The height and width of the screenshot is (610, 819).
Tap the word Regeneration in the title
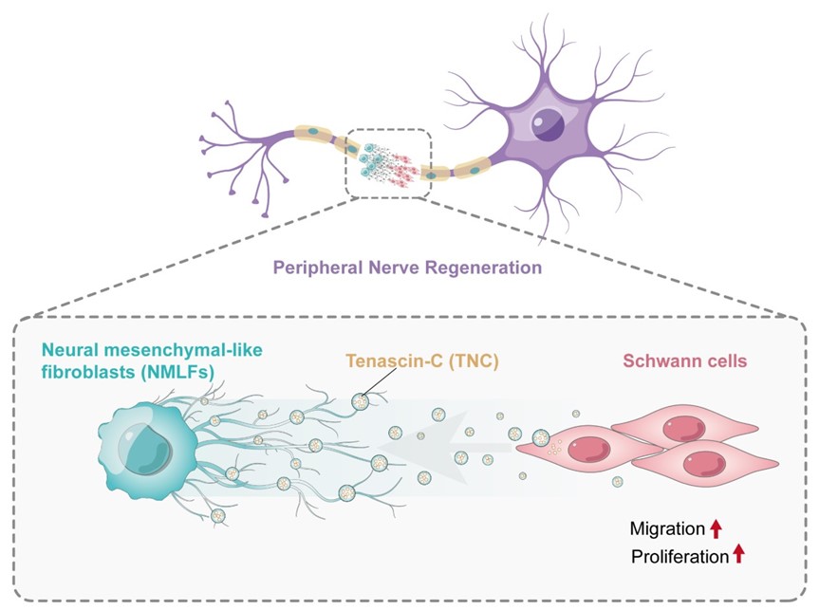(483, 268)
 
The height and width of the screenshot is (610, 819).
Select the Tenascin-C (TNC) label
(422, 360)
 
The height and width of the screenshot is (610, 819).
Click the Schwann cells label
(685, 360)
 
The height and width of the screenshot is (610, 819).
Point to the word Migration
(667, 528)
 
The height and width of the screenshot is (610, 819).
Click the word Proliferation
(679, 556)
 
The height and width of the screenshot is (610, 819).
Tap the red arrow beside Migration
(716, 528)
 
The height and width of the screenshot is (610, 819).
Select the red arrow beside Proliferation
(738, 554)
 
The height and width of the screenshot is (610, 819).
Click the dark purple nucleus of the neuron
(548, 125)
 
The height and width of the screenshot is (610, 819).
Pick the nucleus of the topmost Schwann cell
(683, 428)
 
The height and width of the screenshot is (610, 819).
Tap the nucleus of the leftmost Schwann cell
(588, 451)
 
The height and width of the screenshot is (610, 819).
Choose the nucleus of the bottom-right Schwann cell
(704, 464)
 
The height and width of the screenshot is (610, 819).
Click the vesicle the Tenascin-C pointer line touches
(360, 401)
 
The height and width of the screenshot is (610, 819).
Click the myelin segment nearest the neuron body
(473, 168)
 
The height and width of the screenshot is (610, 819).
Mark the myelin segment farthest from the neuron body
(313, 133)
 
